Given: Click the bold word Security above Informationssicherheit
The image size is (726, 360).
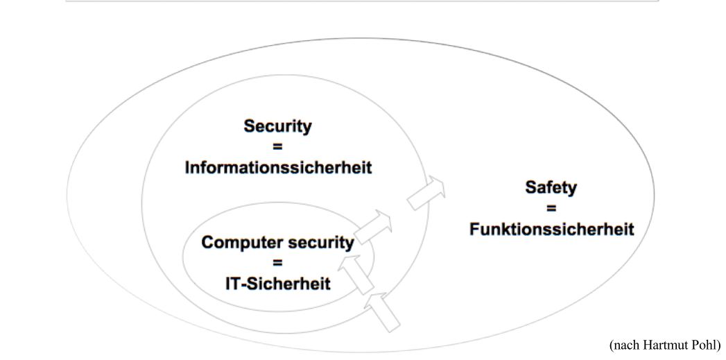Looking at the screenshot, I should [277, 126].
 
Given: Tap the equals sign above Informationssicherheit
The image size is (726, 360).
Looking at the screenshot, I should [277, 147].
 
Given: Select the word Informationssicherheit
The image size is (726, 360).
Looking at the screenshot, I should [277, 167].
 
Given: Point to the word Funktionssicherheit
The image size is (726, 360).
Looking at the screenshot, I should [551, 229].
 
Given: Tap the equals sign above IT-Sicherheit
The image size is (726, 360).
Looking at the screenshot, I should [277, 263].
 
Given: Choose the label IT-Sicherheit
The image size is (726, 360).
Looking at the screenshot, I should [277, 283].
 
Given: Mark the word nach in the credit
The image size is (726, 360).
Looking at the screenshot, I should [626, 345].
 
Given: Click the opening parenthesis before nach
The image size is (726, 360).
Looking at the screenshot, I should [612, 345].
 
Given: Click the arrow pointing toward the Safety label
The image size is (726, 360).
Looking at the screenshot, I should [426, 193].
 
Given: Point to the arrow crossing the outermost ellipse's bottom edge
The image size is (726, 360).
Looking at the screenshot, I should [384, 309].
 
